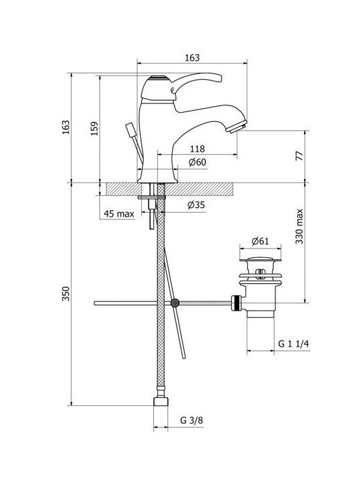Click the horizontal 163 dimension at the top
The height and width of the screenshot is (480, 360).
(x=192, y=57)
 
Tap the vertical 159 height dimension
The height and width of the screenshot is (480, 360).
(x=95, y=128)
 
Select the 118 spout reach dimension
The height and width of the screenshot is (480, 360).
(x=197, y=149)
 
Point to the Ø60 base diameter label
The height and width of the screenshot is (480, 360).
(x=197, y=162)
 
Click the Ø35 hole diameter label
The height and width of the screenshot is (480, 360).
(x=196, y=205)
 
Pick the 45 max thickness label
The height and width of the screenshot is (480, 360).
(x=119, y=214)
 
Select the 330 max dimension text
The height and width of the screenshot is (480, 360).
(x=299, y=227)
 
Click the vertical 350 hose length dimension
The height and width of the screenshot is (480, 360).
(x=66, y=294)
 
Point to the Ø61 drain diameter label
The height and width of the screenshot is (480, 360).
(x=260, y=241)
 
